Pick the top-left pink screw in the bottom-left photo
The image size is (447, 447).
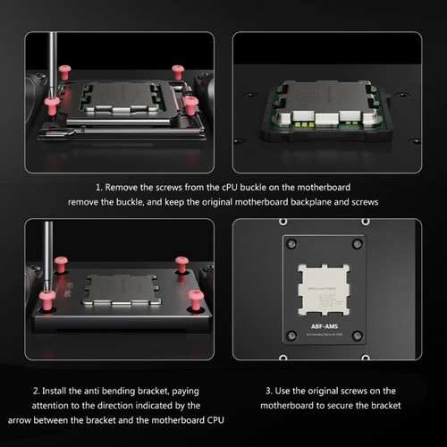pyautogui.click(x=61, y=265)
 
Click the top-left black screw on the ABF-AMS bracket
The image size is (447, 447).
pyautogui.click(x=290, y=242)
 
